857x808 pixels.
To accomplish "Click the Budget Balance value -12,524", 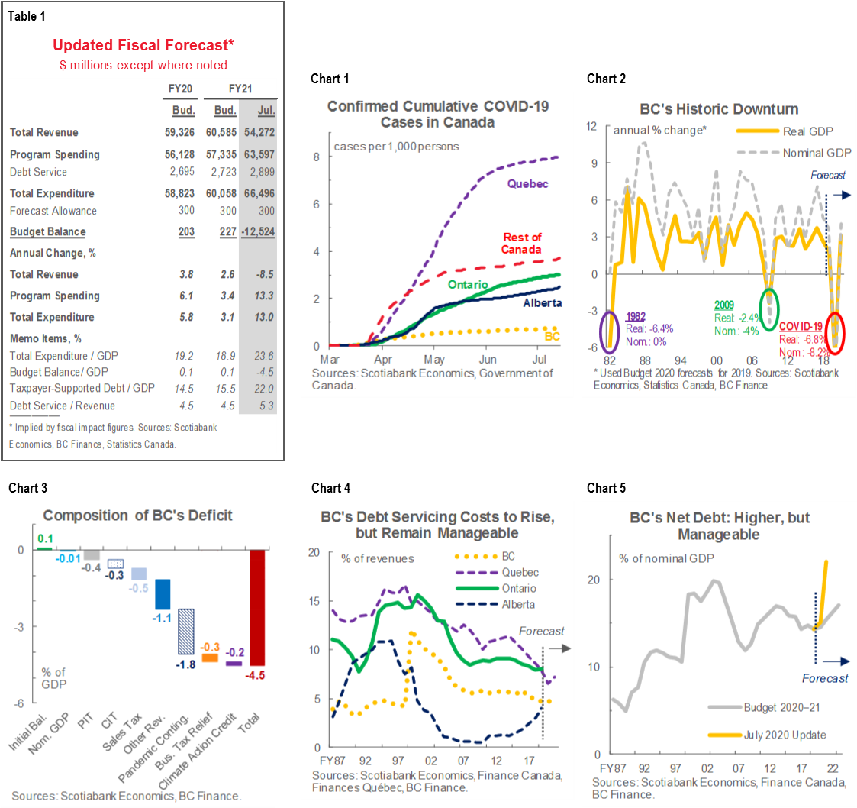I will click(256, 232).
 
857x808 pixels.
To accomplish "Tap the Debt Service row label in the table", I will click(38, 173).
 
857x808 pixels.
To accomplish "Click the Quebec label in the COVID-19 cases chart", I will click(528, 184).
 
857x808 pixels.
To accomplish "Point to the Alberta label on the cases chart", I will click(542, 303).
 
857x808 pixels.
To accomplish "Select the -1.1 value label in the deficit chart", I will click(162, 619).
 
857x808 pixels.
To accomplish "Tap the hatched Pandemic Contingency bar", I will click(185, 631).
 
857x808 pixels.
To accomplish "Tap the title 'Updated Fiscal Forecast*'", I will click(143, 47).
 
